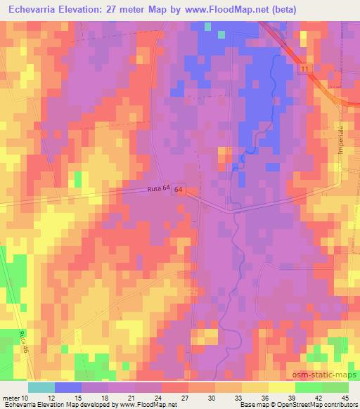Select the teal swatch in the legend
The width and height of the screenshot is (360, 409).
[41, 387]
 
